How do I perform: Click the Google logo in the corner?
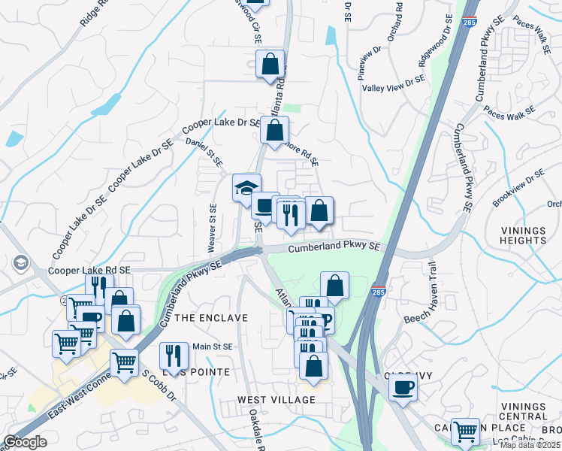point(25,442)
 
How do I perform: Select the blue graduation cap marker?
point(246,188)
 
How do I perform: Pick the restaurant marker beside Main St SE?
point(174,356)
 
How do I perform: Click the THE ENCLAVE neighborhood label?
point(211,318)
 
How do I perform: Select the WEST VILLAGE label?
point(277,398)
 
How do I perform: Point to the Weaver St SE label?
point(213,229)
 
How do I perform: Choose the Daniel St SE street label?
point(204,151)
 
